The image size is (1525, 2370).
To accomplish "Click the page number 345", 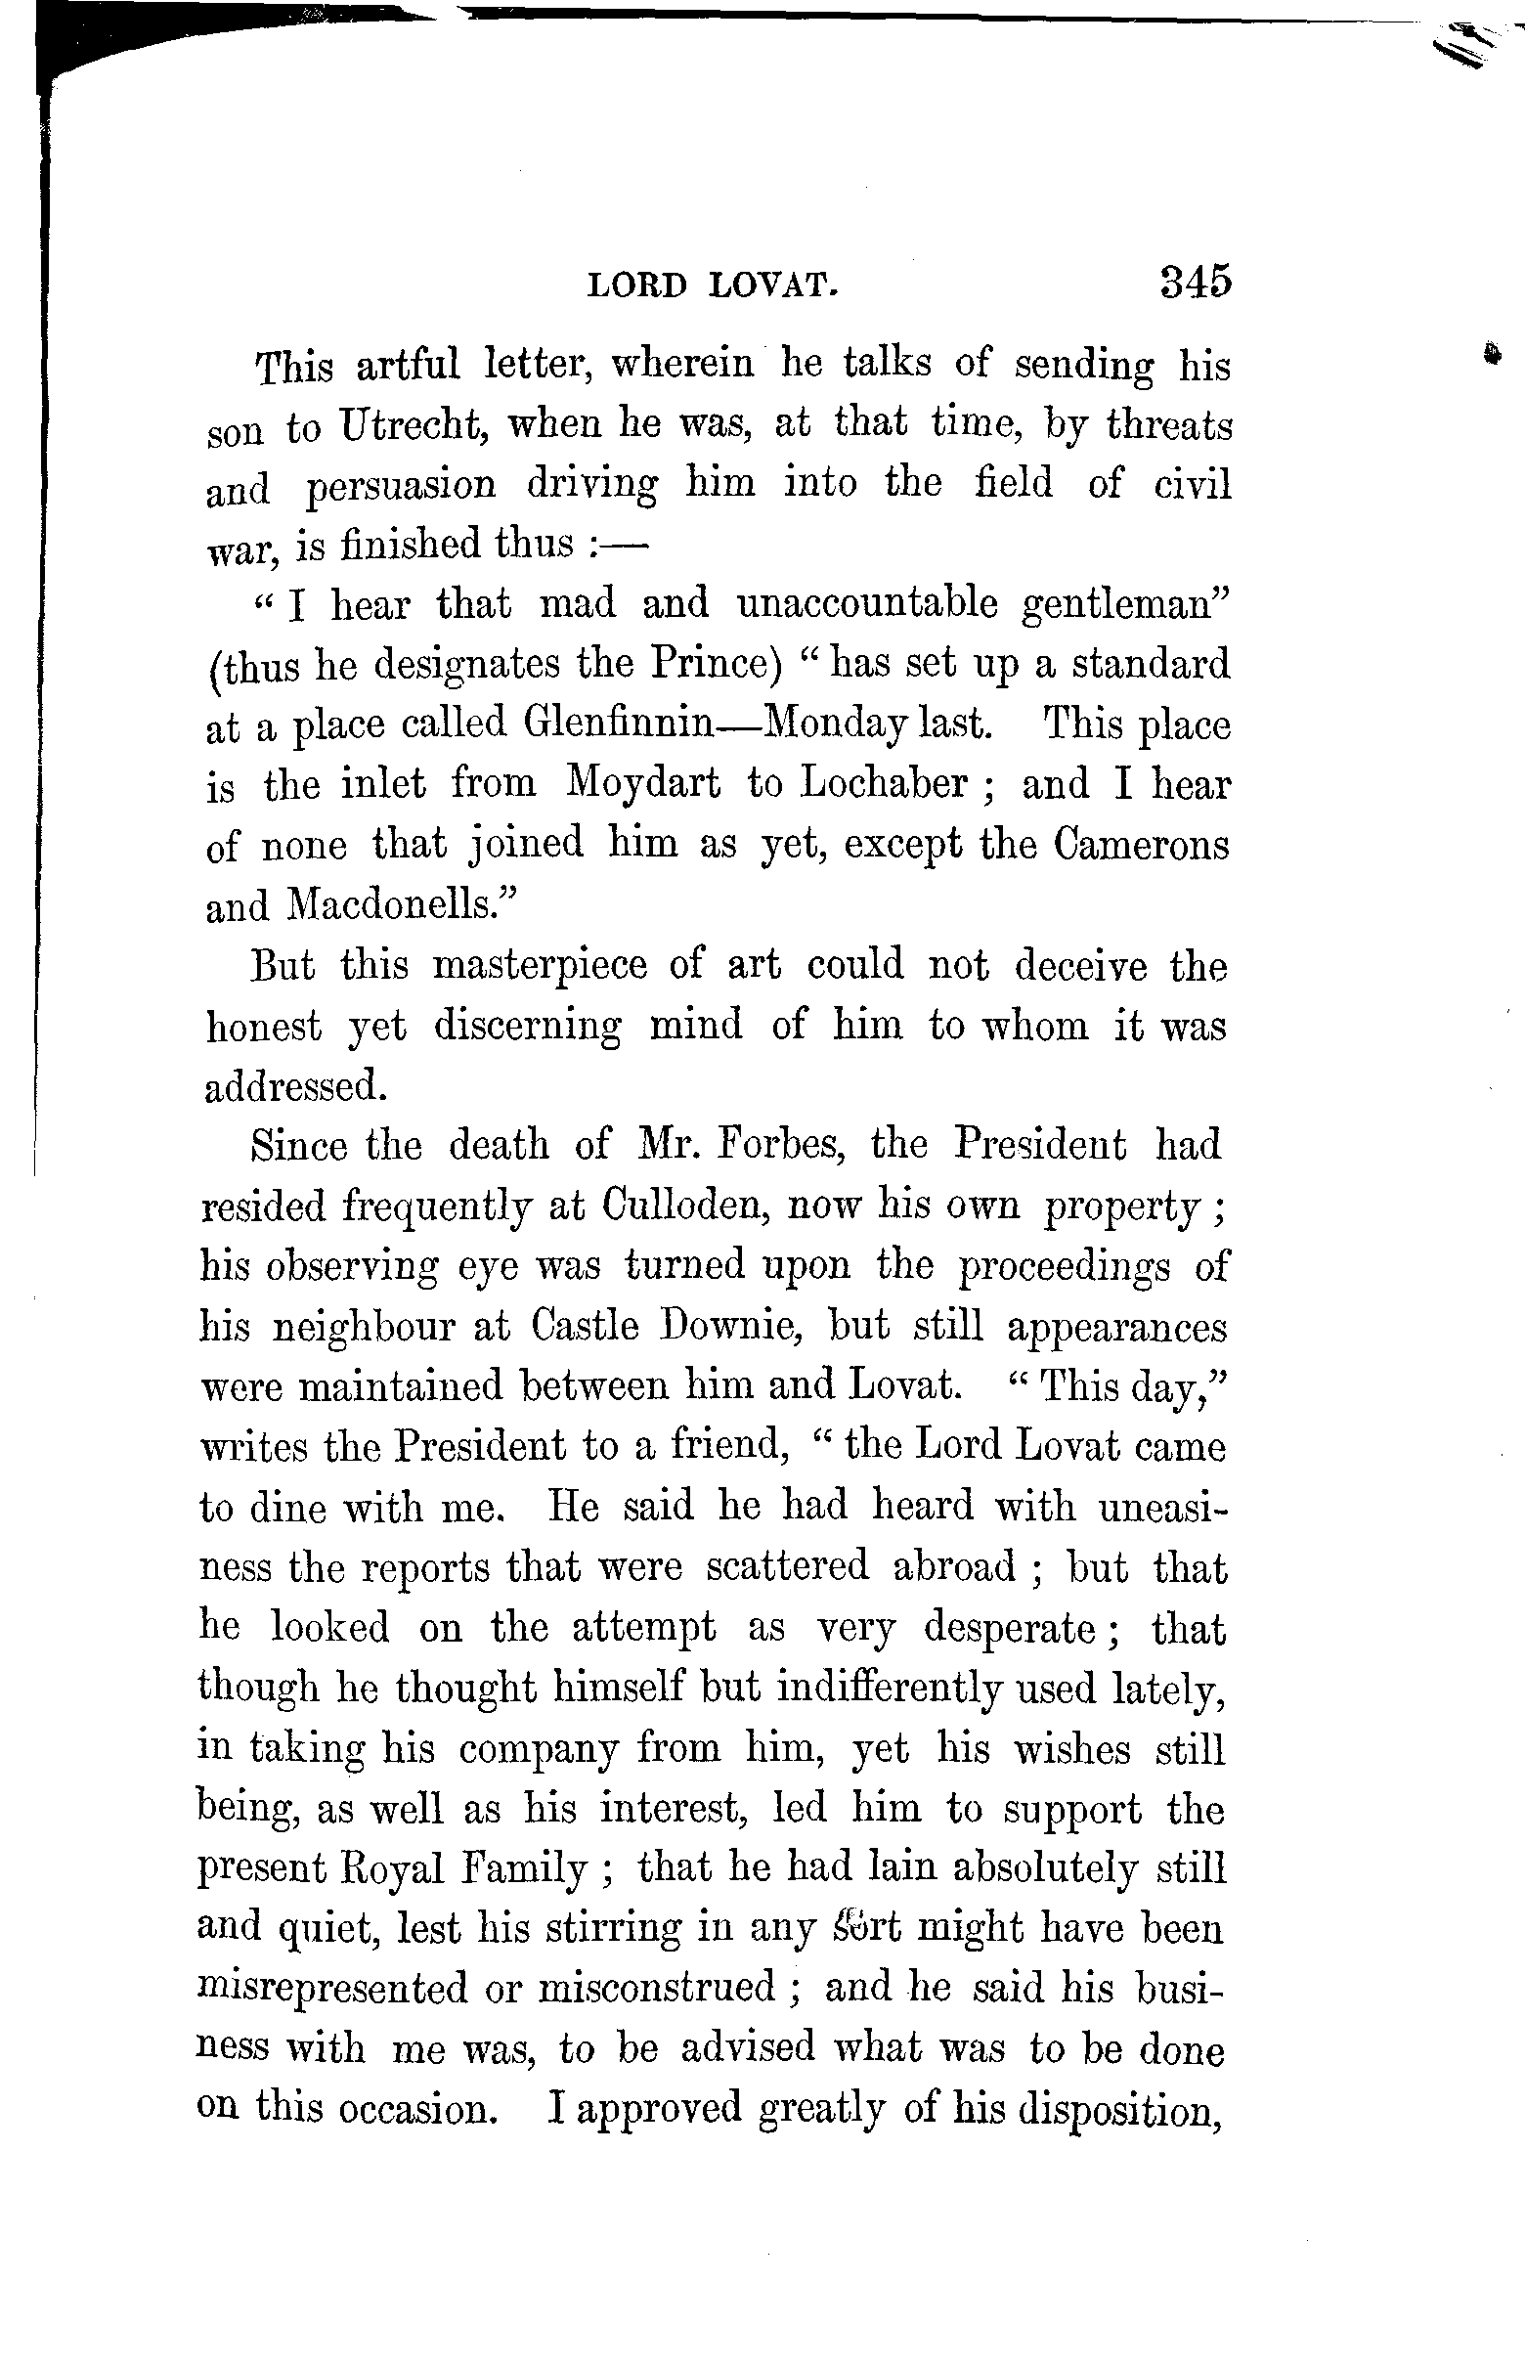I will coord(1196,283).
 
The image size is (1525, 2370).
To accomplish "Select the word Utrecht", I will coord(410,426).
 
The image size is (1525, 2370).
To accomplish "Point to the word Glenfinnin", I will coord(618,724).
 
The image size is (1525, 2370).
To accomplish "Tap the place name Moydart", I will coord(643,783).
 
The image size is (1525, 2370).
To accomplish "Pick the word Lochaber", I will coord(884,783).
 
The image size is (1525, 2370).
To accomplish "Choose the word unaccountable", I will coord(867,603).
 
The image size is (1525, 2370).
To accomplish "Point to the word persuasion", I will coord(401,486).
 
